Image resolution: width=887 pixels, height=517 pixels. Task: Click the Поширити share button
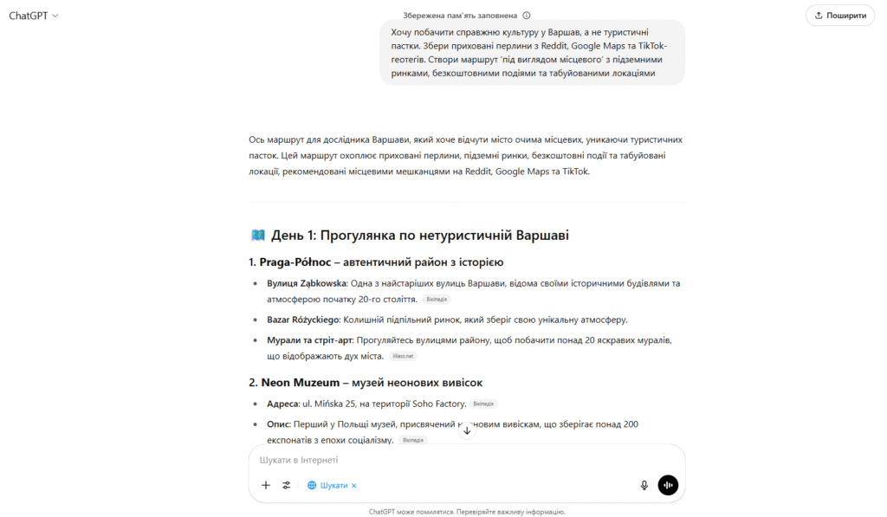coord(839,15)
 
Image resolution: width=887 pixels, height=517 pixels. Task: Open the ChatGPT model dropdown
coord(34,16)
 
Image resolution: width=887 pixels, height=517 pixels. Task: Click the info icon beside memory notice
coord(527,16)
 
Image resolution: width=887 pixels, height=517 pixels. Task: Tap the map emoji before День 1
coord(257,236)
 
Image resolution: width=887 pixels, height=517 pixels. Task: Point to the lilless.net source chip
coord(405,356)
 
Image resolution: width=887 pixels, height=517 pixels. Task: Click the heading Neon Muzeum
coord(300,382)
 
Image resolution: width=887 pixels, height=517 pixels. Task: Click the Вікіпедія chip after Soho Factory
coord(484,404)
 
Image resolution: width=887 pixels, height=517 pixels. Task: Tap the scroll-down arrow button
coord(467,430)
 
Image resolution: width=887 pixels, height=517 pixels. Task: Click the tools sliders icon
coord(287,485)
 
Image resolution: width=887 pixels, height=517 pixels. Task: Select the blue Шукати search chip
coord(332,485)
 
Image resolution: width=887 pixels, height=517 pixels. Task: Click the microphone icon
coord(644,485)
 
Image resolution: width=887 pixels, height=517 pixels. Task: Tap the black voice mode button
coord(668,485)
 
